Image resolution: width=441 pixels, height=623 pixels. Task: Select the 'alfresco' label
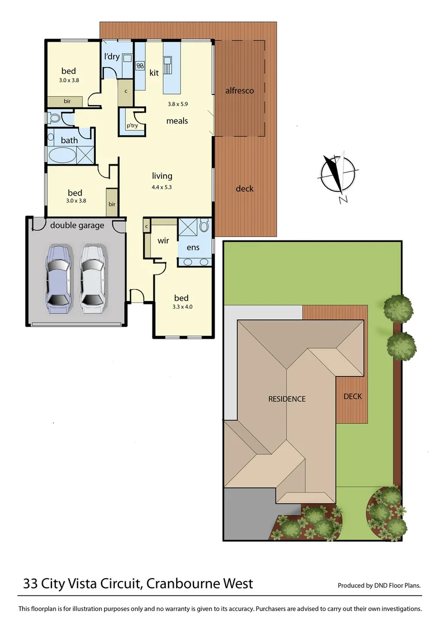coord(240,91)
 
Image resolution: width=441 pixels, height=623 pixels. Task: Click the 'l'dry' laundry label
coord(112,57)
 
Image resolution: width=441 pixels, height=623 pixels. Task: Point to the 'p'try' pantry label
coord(132,125)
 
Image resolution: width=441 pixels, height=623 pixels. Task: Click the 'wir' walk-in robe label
coord(163,241)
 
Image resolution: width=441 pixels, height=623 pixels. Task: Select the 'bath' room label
coord(69,140)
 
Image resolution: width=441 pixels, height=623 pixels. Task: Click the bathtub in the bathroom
coord(61,156)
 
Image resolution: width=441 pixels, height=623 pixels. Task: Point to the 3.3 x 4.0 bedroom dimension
coord(182,307)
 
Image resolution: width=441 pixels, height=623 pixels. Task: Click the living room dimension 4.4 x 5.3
coord(162,187)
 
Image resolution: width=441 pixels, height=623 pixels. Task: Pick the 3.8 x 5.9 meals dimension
coord(178,104)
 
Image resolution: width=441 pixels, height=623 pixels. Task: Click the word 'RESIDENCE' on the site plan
coord(286,399)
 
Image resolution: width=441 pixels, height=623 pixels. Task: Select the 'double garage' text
coord(77,225)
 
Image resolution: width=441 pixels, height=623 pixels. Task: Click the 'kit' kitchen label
coord(154,73)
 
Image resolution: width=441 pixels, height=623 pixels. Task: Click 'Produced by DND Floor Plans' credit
coord(379,586)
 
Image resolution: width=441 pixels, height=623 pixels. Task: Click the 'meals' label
coord(177,121)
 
